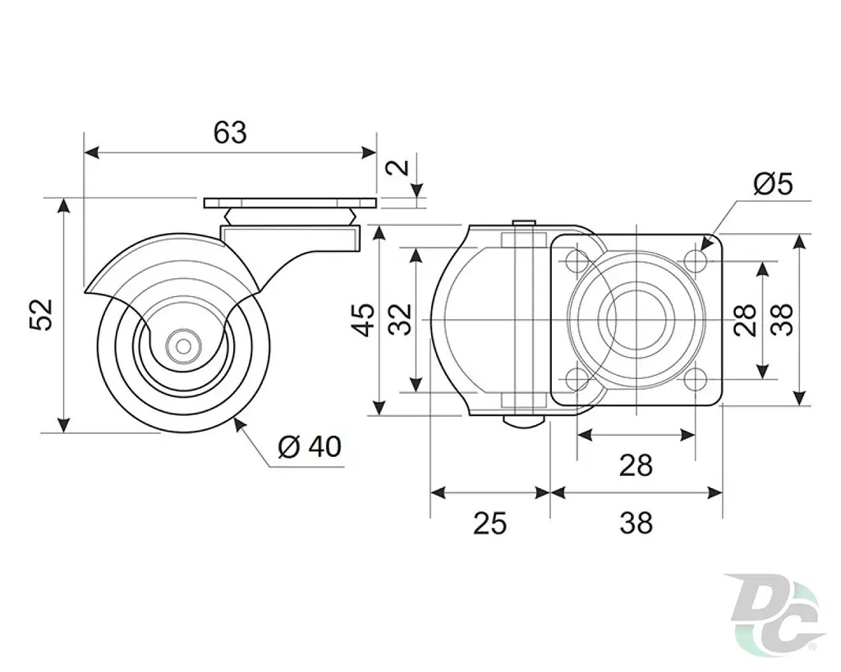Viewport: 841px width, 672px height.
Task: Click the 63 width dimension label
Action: tap(230, 132)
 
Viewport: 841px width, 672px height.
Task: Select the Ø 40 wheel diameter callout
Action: tap(310, 446)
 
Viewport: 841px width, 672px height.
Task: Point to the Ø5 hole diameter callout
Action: tap(773, 185)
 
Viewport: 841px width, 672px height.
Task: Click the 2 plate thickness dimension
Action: tap(398, 167)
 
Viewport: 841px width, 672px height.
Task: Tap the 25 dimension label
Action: tap(489, 523)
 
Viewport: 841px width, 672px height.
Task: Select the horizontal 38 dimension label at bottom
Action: tap(636, 523)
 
